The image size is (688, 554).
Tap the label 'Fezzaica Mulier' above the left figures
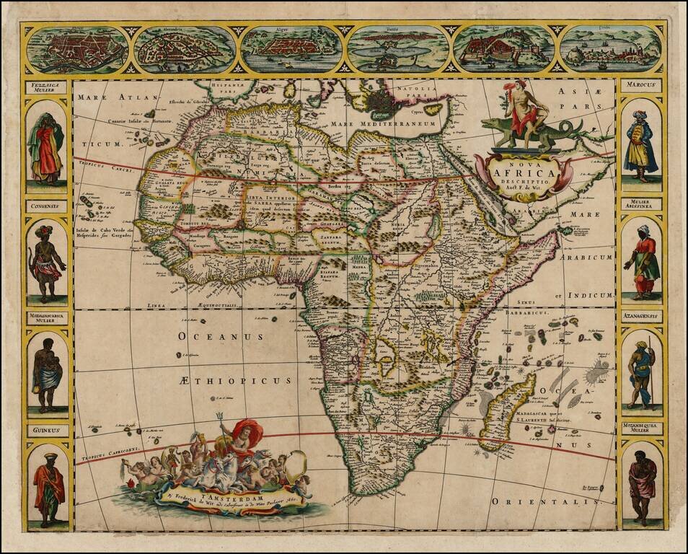click(x=47, y=88)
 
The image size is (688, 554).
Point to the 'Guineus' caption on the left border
click(x=47, y=430)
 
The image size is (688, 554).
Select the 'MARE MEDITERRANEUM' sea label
click(x=384, y=124)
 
